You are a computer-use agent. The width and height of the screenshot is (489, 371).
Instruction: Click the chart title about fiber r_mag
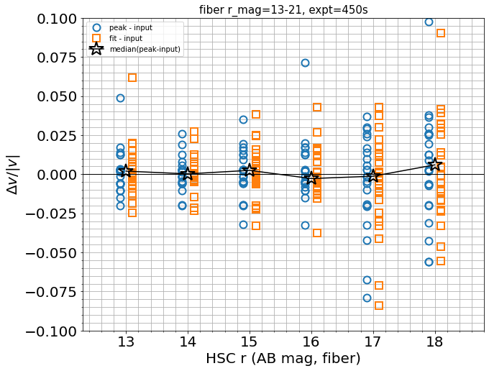coord(283,9)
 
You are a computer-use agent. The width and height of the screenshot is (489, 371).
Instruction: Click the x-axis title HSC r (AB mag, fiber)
coord(283,358)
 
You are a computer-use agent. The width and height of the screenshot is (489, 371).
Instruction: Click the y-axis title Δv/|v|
coord(12,175)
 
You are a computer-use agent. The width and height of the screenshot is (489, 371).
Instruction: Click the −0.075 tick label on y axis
coord(52,292)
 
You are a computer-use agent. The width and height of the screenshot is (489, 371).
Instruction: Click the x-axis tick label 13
coord(127,340)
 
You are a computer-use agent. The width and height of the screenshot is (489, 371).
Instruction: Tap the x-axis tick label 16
coord(311,340)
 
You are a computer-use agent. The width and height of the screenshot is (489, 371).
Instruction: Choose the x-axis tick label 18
coord(434,340)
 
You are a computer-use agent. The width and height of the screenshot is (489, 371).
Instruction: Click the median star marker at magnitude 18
coord(434,165)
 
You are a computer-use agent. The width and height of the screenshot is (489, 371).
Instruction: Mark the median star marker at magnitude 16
coord(311,178)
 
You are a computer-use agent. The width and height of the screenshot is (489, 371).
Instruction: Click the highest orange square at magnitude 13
coord(132,78)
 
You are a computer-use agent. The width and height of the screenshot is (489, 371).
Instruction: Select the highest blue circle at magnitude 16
coord(305,63)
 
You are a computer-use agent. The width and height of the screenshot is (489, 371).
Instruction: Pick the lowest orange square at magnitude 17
coord(379,306)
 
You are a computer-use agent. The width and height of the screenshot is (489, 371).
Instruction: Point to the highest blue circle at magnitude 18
coord(429,22)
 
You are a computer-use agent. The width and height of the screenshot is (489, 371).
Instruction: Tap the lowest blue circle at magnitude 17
coord(367,298)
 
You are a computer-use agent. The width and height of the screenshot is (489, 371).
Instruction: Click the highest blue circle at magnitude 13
coord(120,98)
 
